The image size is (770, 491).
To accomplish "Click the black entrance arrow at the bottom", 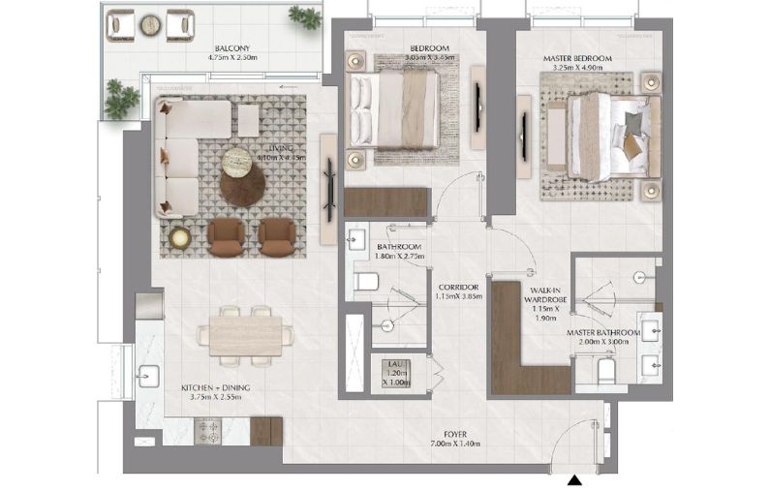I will pos(575,478).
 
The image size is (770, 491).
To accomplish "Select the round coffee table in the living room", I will pos(241,181).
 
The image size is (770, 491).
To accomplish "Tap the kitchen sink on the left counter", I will pos(148,373).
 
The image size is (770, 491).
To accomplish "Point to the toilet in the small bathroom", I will pos(365,282).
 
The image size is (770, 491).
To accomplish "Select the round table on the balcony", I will pos(152,23).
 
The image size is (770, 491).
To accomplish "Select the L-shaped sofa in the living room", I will pos(184,155).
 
